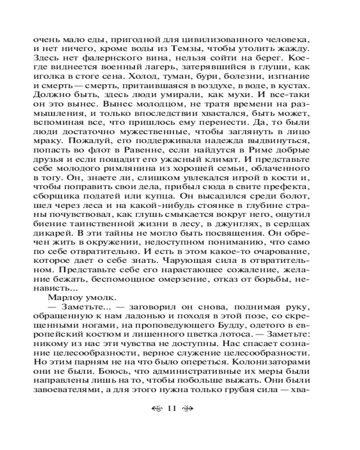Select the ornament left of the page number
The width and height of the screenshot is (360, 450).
156,409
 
